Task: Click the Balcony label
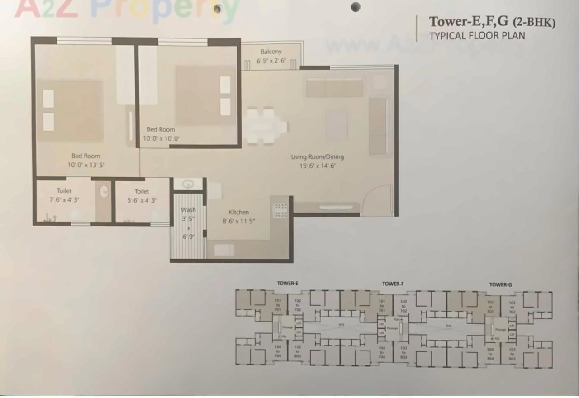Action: click(x=271, y=52)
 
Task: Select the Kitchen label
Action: click(x=239, y=212)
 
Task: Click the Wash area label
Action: click(x=188, y=210)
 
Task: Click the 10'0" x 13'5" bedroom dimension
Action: click(x=86, y=165)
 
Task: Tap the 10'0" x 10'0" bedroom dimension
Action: click(x=161, y=139)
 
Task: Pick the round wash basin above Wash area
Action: click(x=188, y=184)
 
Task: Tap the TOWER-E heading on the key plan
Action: click(x=288, y=284)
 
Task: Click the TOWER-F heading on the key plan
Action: click(x=393, y=284)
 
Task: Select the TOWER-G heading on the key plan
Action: click(x=500, y=284)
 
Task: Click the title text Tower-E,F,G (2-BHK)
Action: click(x=492, y=22)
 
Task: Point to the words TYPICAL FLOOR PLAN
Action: click(x=477, y=36)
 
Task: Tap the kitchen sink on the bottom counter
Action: click(x=224, y=250)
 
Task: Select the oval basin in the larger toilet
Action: click(x=104, y=191)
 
